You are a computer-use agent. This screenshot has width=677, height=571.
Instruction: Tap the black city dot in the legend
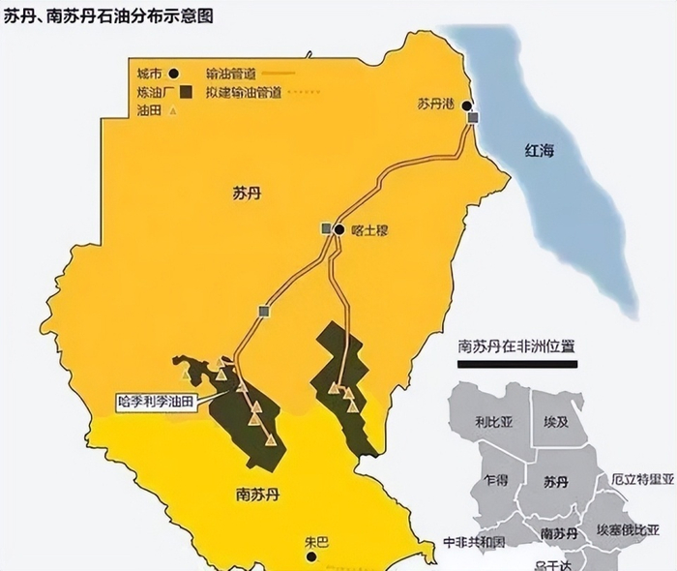tap(174, 73)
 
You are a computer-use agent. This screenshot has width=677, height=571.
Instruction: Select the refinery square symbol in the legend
tap(184, 92)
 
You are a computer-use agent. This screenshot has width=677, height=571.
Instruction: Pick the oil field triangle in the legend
tap(173, 110)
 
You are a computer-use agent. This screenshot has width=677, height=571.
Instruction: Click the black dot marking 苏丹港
tap(467, 105)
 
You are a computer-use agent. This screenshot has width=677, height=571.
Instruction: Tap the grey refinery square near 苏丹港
tap(473, 118)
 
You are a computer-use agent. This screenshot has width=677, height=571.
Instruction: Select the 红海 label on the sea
tap(543, 151)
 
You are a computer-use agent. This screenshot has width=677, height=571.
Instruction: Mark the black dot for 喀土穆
tap(339, 229)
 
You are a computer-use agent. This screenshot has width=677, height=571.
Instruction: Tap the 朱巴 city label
tap(316, 542)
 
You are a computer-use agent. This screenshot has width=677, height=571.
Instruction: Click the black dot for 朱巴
tap(311, 557)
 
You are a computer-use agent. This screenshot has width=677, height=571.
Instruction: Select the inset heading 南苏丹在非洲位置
tap(516, 346)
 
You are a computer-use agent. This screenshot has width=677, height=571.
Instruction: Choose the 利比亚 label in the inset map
tap(493, 423)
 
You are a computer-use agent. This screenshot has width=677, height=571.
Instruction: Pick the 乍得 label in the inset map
tap(496, 480)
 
